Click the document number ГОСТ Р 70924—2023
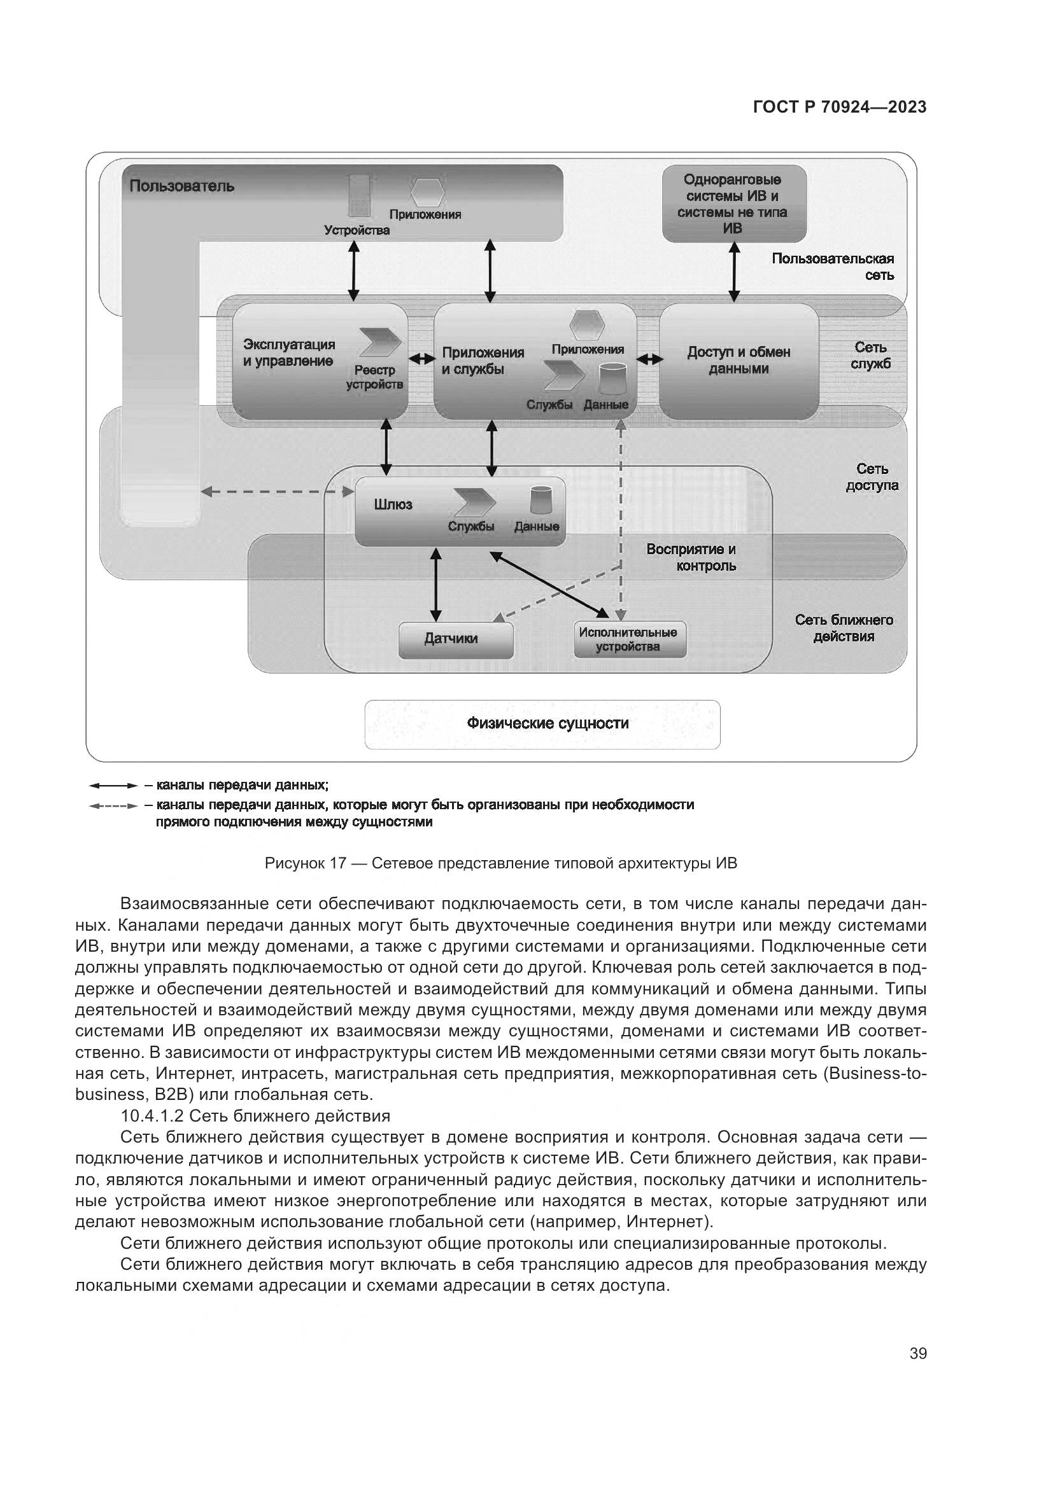point(840,108)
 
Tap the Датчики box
point(456,639)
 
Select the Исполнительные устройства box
point(629,639)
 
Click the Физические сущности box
point(542,724)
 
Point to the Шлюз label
point(393,505)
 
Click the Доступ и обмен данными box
point(739,361)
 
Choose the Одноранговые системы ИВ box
point(733,204)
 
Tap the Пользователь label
point(181,186)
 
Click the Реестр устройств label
point(374,377)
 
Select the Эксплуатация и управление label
point(289,353)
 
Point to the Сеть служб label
point(870,356)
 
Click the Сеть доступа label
point(872,477)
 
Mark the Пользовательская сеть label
point(833,267)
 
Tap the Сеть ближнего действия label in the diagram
point(844,628)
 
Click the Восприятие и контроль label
point(691,557)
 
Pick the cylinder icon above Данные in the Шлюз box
point(541,500)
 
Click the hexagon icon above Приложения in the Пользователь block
point(428,191)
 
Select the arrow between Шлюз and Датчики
point(435,585)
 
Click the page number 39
point(917,1353)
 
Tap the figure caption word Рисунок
point(295,863)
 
